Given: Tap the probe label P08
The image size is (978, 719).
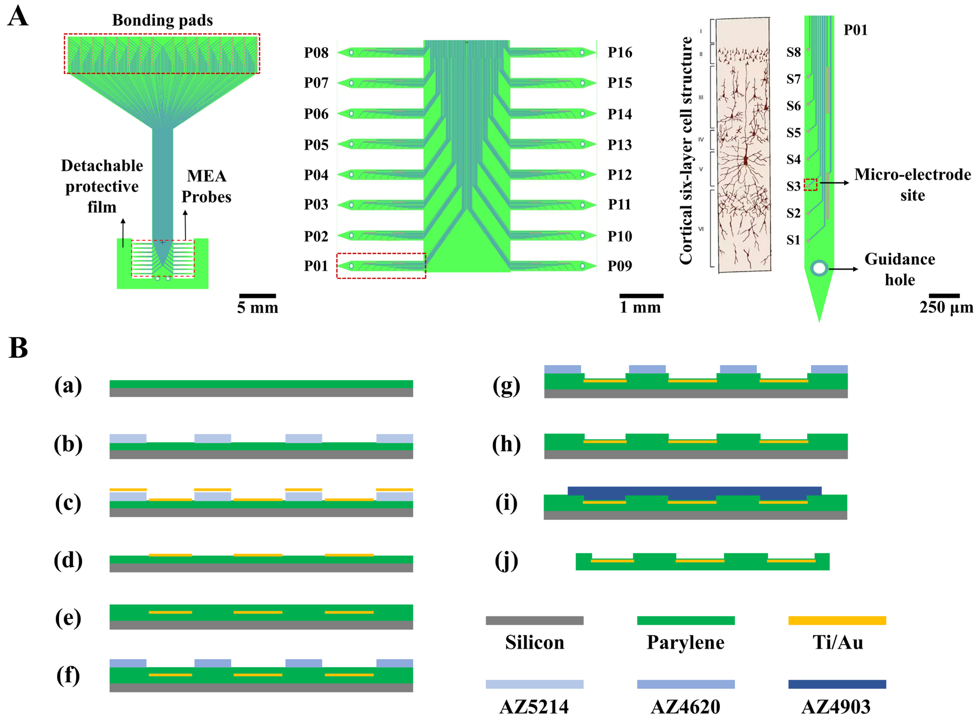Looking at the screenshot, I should point(316,53).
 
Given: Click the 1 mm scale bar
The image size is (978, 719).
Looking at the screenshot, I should point(641,296).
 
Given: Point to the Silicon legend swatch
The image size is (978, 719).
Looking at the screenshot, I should point(534,620).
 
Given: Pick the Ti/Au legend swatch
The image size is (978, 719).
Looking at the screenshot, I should point(837,620).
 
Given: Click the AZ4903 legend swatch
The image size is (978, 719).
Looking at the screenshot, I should point(837,684).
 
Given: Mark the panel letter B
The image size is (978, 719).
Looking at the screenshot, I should point(18,348).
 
